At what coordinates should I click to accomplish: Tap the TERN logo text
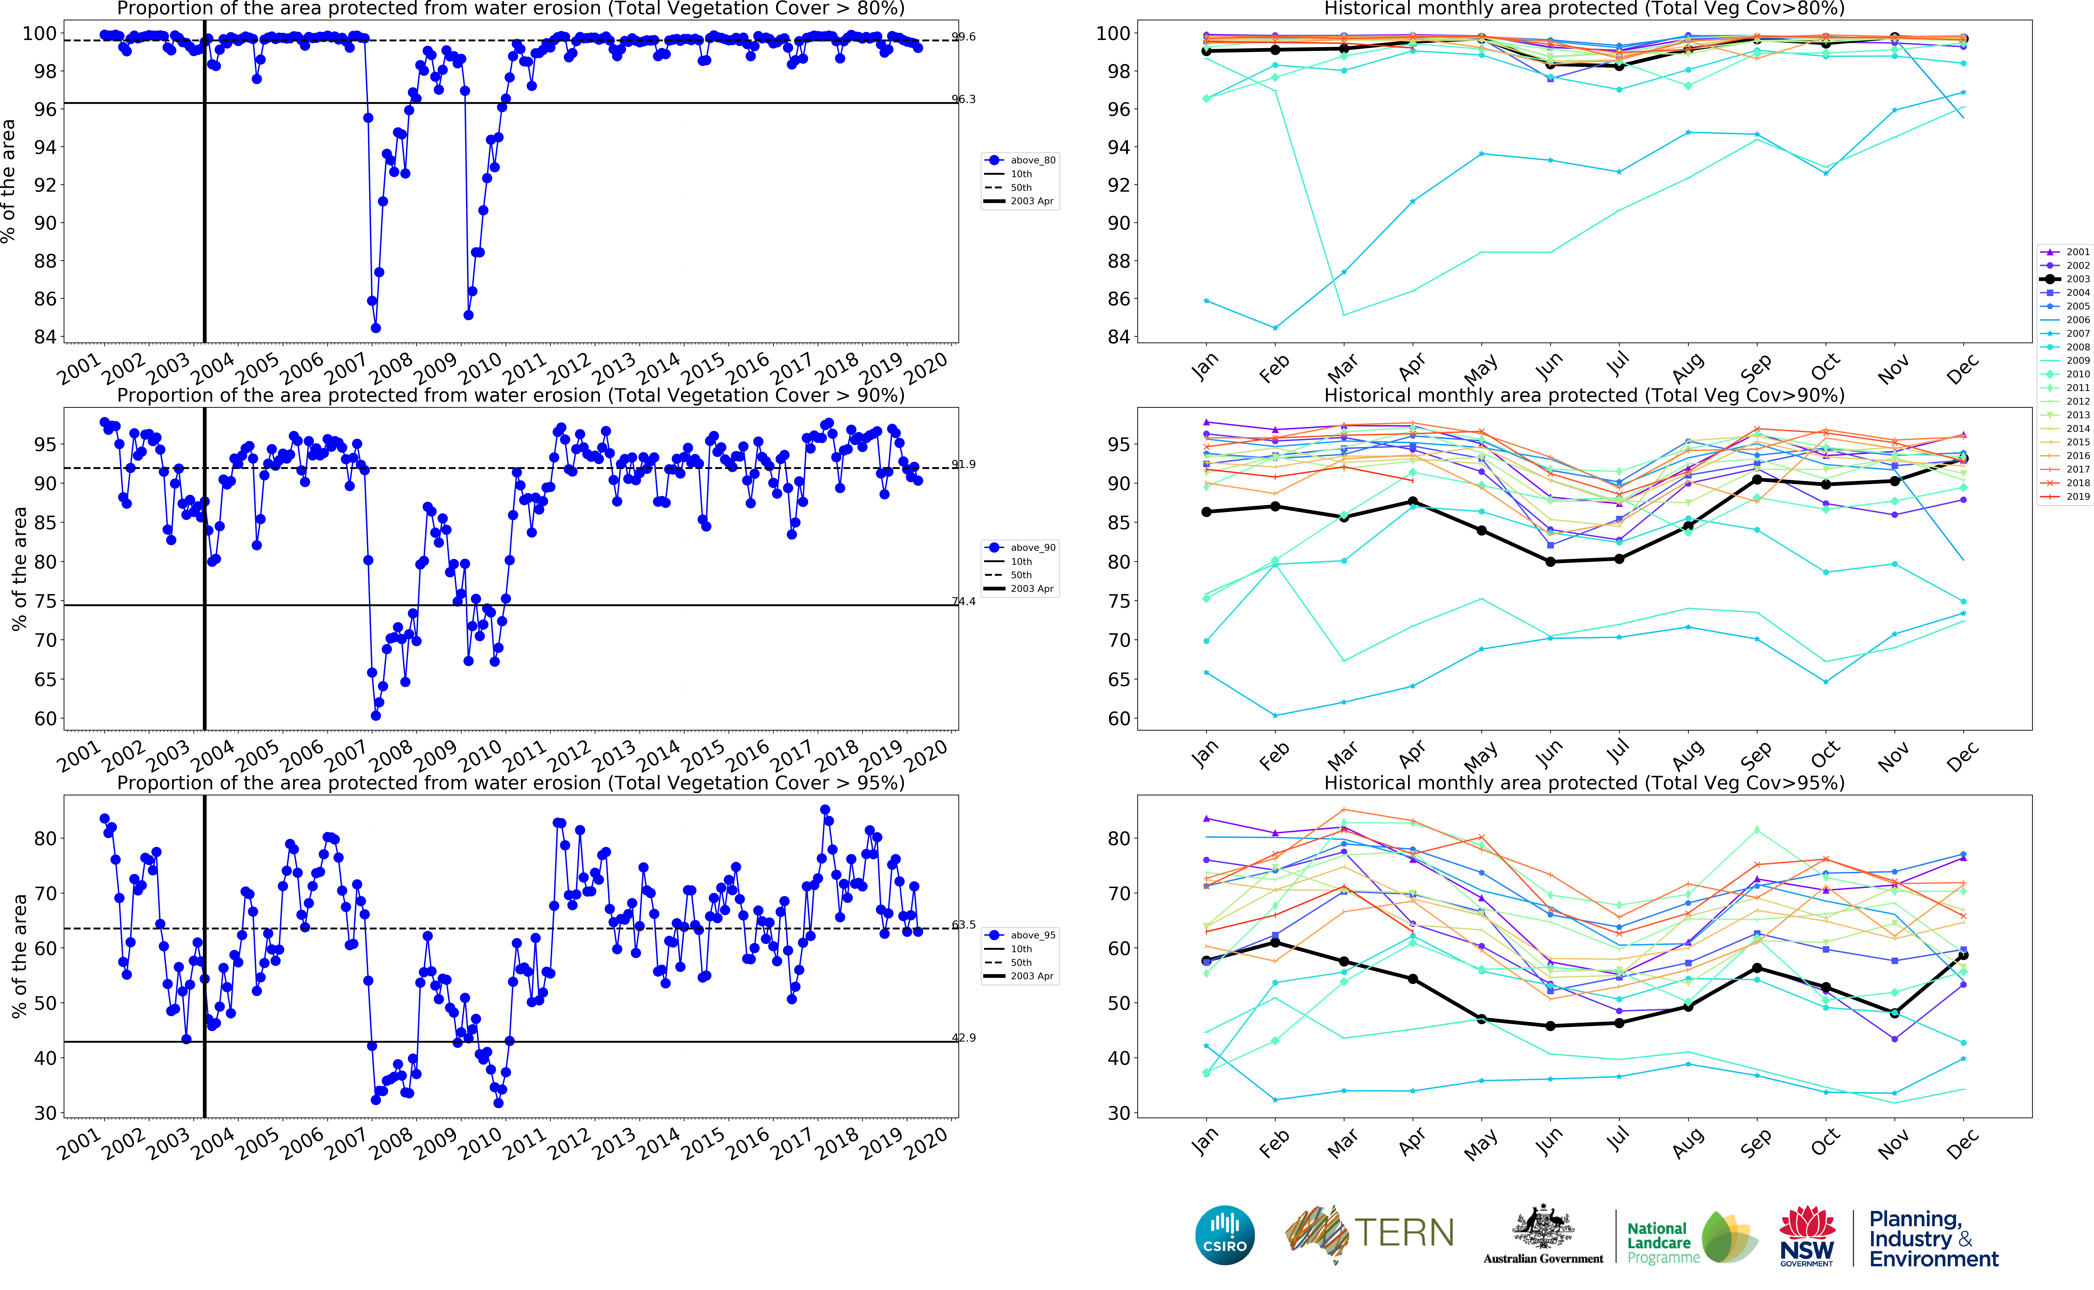point(1404,1233)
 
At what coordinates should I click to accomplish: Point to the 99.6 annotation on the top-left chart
point(964,37)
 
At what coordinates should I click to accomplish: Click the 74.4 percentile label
point(964,601)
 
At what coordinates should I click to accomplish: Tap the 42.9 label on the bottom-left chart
point(964,1038)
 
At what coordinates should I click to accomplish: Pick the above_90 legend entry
point(1032,548)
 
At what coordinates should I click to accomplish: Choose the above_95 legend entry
point(1032,935)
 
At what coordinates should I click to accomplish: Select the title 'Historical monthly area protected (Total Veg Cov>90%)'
point(1584,395)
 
